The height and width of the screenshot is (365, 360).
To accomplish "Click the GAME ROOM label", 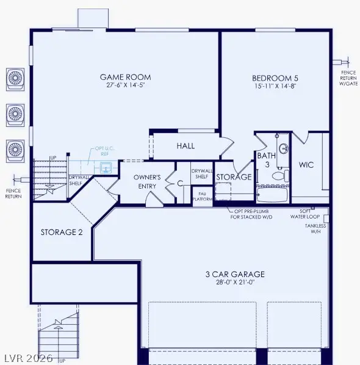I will coord(126,78).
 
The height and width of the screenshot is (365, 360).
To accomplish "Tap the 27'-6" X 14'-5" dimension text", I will coord(126,86).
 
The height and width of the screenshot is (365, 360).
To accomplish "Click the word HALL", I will coord(185,146).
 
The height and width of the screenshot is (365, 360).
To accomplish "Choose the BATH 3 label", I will coord(266,161).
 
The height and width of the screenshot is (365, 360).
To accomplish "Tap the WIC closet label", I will coord(306,165).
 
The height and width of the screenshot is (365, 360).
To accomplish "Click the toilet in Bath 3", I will coord(278,176).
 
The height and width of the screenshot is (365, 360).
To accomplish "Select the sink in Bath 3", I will coord(283,147).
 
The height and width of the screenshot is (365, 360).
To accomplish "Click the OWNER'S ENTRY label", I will coord(147,181).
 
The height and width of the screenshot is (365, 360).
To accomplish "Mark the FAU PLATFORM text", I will coord(202,196).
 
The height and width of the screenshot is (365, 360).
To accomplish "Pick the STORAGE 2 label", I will coord(62,233).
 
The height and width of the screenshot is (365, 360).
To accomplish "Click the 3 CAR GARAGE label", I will coord(235,275).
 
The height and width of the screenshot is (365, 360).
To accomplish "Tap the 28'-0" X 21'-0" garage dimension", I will coord(235,284).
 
